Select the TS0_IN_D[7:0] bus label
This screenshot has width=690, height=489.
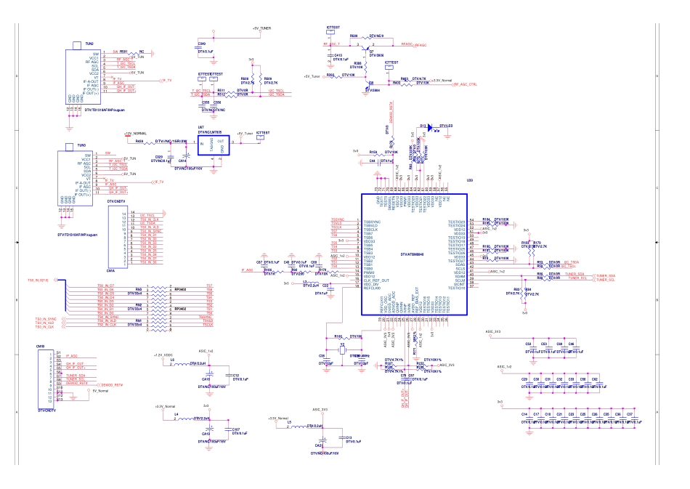38,280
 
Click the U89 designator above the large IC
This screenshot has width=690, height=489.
469,180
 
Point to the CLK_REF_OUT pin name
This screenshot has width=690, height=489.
377,280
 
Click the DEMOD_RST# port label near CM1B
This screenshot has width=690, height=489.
111,384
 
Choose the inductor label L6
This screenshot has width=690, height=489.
172,359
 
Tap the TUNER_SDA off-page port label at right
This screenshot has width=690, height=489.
606,275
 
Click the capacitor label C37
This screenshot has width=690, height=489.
629,413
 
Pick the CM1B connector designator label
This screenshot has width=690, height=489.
41,347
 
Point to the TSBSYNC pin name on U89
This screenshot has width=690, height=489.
371,221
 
